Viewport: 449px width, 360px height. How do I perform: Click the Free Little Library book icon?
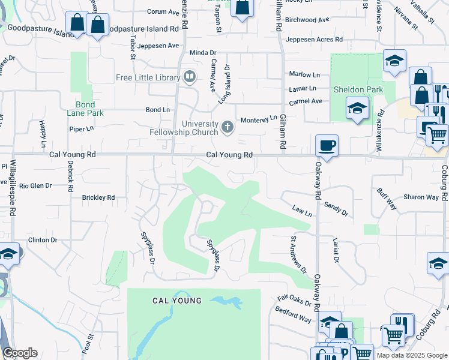[x=190, y=77]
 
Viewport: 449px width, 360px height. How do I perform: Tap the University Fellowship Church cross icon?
[x=227, y=127]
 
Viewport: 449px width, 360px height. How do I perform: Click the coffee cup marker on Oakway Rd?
[x=327, y=145]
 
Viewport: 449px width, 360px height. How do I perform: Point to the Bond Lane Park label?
[x=86, y=109]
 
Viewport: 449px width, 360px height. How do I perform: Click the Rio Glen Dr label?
[x=35, y=186]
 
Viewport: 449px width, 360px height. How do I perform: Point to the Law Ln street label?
[x=302, y=212]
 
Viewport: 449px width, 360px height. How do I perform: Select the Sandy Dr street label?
[x=336, y=208]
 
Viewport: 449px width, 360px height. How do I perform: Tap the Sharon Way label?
[x=421, y=197]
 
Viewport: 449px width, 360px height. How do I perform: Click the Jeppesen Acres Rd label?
[x=315, y=40]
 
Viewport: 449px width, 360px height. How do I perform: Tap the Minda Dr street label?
[x=202, y=52]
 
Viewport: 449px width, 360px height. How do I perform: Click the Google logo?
[x=20, y=353]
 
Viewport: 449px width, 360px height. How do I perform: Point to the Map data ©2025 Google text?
[x=411, y=355]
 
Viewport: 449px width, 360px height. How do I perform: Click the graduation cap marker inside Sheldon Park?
[x=357, y=109]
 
